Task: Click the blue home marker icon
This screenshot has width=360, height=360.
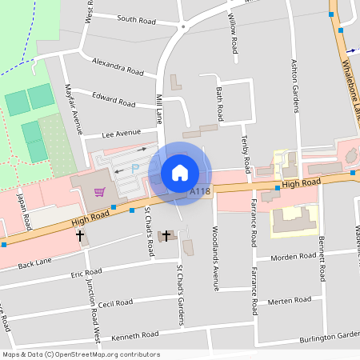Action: click(x=180, y=173)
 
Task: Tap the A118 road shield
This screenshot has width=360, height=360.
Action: click(x=199, y=193)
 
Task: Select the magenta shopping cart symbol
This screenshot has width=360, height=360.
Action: click(x=100, y=191)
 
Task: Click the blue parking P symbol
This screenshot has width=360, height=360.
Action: click(x=135, y=168)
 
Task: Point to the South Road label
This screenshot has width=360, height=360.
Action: click(x=137, y=18)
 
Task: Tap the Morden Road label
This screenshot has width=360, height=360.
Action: click(x=293, y=257)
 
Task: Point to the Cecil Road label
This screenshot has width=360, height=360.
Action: click(x=117, y=304)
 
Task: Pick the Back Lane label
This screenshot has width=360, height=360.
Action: click(x=34, y=263)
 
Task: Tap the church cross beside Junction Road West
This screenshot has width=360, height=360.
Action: click(x=80, y=236)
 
